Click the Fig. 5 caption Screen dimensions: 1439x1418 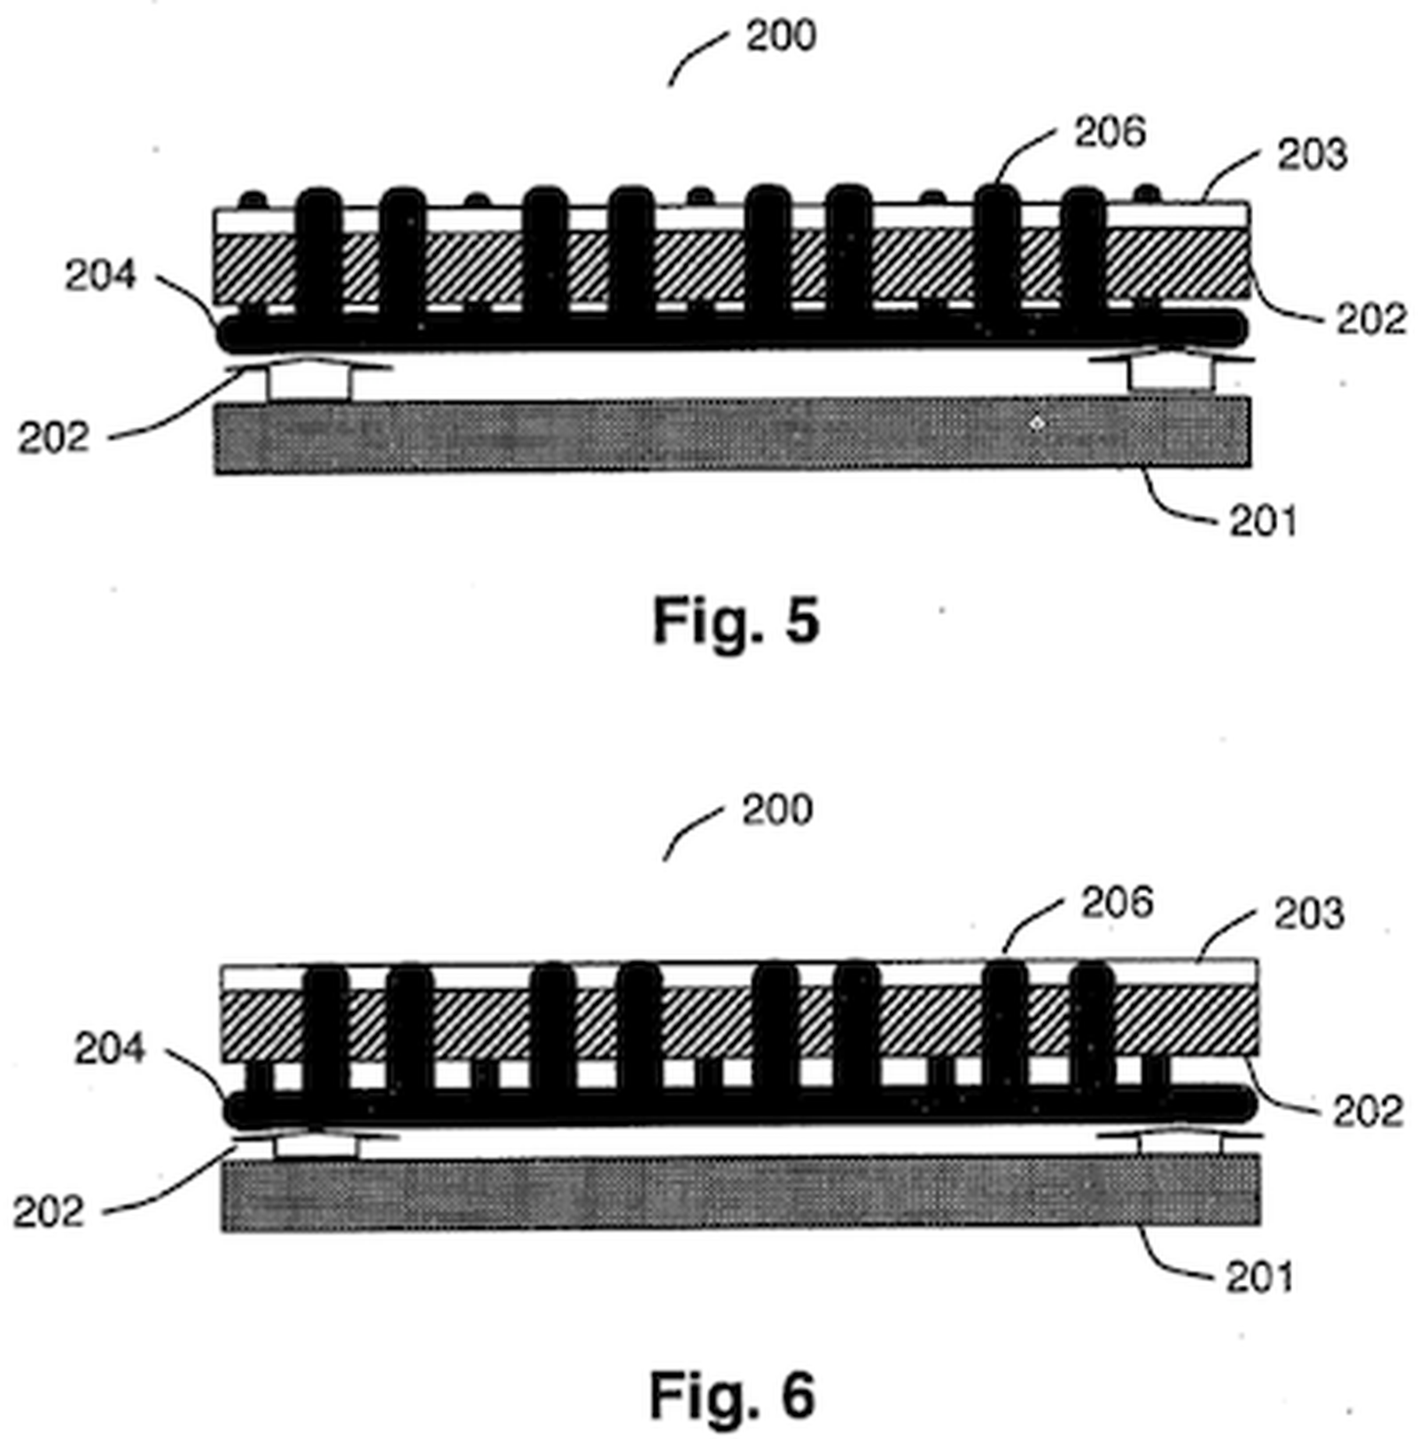[x=736, y=621]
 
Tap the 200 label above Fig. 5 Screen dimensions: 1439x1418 [x=780, y=36]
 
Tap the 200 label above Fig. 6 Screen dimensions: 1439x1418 [x=776, y=810]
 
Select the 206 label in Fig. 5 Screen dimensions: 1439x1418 [x=1110, y=132]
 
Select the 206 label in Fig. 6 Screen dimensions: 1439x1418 [x=1116, y=903]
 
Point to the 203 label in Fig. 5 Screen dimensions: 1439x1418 [x=1312, y=154]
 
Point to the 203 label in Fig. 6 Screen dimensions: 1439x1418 [x=1309, y=914]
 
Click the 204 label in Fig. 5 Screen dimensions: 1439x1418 [x=100, y=276]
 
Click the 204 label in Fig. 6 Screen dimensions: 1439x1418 [x=109, y=1049]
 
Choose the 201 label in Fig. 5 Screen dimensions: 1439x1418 [x=1263, y=521]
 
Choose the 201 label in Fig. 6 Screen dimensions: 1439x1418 [x=1259, y=1277]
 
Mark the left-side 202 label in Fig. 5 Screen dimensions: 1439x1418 [x=54, y=438]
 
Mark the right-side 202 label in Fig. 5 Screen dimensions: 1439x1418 [x=1371, y=319]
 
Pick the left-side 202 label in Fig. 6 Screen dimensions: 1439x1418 [x=49, y=1211]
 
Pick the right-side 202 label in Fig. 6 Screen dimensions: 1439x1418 [x=1367, y=1111]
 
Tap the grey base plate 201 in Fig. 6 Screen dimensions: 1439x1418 [x=740, y=1193]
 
